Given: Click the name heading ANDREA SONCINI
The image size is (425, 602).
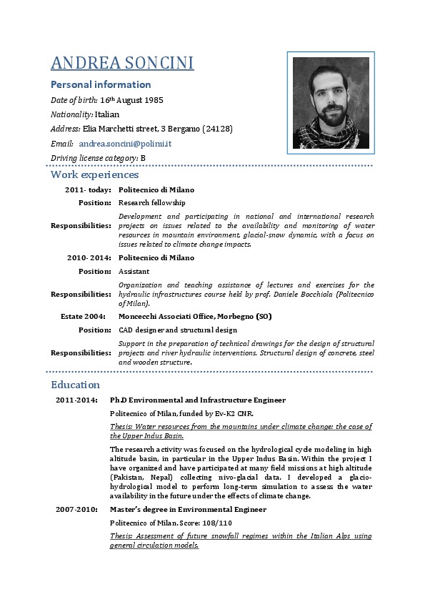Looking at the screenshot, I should pos(122,64).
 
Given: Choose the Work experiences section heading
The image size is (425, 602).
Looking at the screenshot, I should pos(94,174).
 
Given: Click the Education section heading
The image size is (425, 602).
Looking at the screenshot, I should pos(75,385).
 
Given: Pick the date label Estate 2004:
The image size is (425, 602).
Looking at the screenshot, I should pos(84,316).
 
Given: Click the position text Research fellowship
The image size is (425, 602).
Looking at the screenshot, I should pos(151,203).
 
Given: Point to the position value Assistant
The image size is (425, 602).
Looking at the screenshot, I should pos(134,271).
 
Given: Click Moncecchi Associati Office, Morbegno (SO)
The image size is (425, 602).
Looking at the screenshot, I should pos(195,316).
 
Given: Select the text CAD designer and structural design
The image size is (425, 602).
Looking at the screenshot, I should pos(177,330).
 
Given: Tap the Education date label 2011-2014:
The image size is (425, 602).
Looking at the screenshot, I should pos(76,400).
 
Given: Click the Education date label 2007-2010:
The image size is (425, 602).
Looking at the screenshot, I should pos(76,510).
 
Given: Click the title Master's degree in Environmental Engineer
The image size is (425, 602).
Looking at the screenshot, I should pos(188,510).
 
